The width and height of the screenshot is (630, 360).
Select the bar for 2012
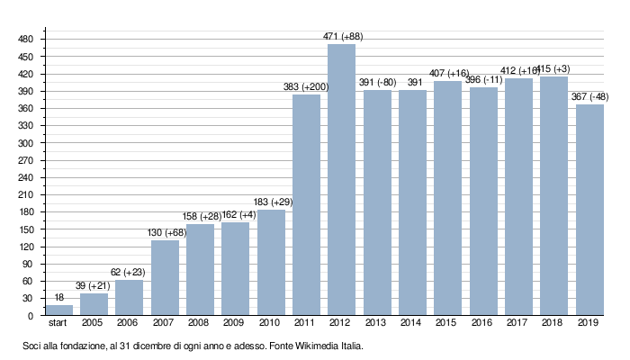(x=342, y=180)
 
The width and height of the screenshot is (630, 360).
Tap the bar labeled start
(x=58, y=310)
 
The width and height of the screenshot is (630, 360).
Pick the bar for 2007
(x=165, y=278)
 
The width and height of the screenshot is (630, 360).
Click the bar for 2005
(x=94, y=305)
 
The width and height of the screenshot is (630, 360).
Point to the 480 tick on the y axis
(x=25, y=39)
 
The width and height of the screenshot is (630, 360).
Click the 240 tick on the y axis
(x=25, y=177)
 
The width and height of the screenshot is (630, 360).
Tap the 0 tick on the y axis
(x=30, y=316)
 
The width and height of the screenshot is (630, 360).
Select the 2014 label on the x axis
(x=412, y=323)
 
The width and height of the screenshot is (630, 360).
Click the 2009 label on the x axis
(x=235, y=323)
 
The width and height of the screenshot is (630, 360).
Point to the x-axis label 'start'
(x=58, y=323)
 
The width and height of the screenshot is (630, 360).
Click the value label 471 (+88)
(x=342, y=37)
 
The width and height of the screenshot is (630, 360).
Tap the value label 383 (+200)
(x=306, y=87)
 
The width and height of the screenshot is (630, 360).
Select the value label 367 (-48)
(x=589, y=97)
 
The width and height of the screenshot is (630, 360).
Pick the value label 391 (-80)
(x=377, y=83)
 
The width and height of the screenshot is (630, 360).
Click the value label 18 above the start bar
(x=58, y=298)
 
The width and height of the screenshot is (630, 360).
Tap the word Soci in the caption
(x=33, y=346)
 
